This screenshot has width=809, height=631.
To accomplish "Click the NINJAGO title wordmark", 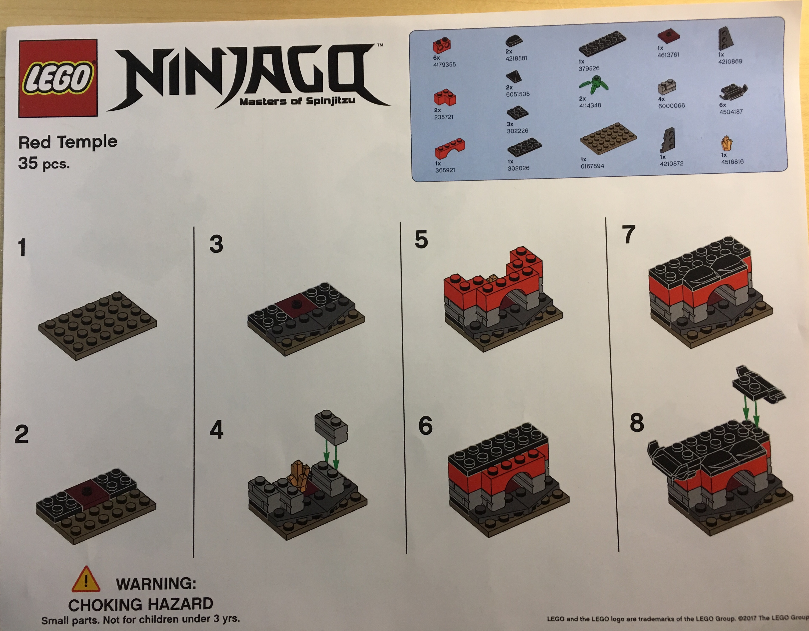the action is (x=248, y=76).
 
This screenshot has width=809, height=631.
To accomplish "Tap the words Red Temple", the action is (x=68, y=142).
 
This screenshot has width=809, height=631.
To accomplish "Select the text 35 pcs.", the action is (x=44, y=163).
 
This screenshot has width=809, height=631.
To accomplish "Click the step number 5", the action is (x=421, y=240).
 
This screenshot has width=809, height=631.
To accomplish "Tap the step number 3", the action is (x=216, y=244).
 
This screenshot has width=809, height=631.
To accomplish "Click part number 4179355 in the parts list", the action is (x=444, y=64).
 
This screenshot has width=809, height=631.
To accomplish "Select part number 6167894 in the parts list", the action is (x=592, y=166).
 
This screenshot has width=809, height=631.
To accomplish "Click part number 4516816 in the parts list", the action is (x=732, y=162).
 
